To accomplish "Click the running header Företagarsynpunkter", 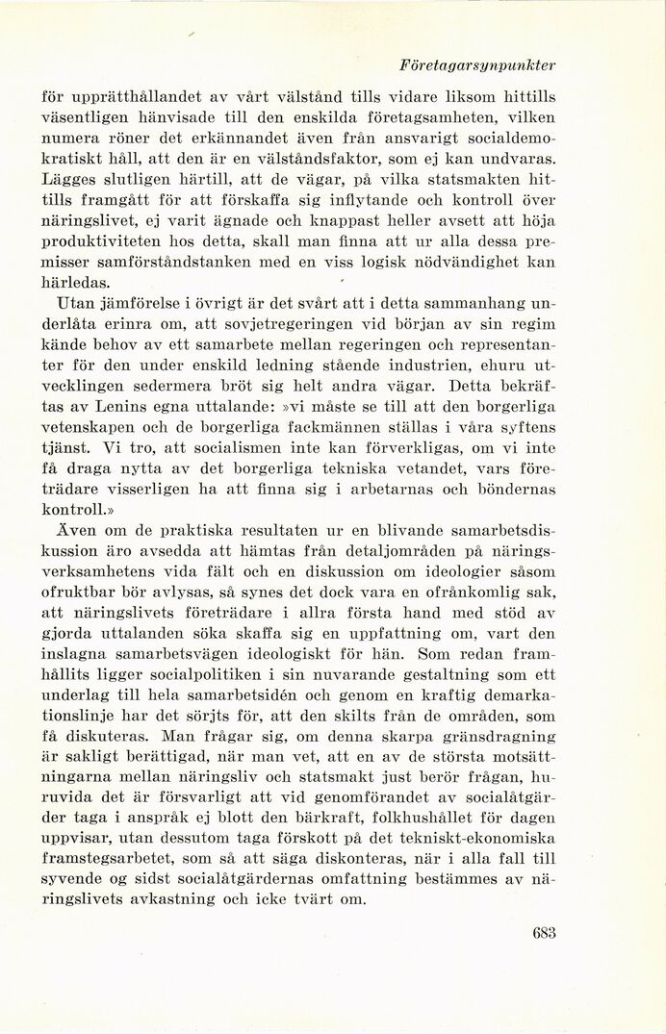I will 478,65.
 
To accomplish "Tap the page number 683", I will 545,932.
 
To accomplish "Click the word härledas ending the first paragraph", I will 76,283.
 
